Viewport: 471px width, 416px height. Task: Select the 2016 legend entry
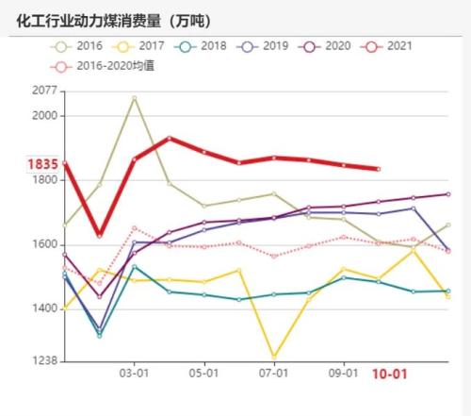(80, 44)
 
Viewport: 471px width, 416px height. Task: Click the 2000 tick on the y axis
(44, 115)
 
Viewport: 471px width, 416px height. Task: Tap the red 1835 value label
(42, 164)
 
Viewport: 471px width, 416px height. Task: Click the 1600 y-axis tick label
(44, 244)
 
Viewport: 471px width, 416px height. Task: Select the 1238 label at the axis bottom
(44, 360)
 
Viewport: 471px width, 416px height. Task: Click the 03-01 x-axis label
(135, 374)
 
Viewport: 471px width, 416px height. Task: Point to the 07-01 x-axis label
(273, 374)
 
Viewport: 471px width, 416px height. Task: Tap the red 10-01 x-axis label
(389, 374)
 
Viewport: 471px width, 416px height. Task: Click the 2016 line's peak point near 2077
(135, 97)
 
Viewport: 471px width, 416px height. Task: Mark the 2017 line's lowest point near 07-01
(274, 358)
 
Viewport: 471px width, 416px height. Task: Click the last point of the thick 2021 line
(379, 169)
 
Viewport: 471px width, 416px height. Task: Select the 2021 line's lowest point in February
(100, 235)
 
